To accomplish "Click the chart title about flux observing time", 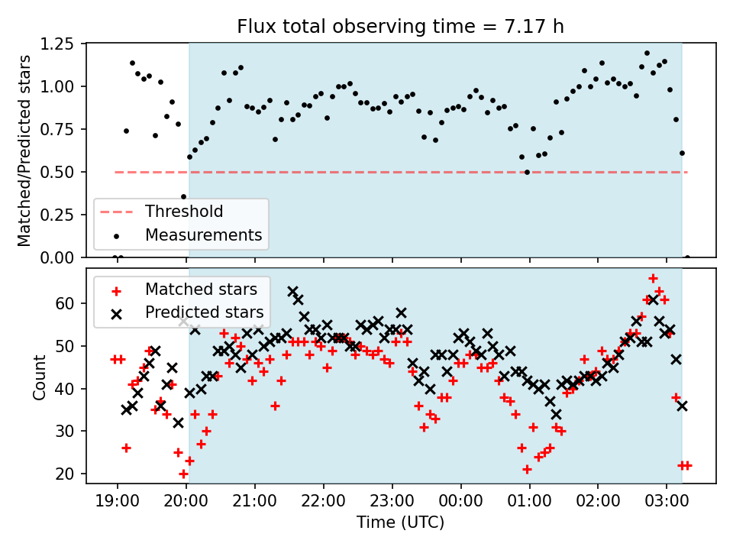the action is coord(400,26).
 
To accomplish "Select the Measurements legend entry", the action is coord(187,235).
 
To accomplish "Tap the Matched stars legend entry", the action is coord(185,290).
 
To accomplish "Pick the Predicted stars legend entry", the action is coord(187,312).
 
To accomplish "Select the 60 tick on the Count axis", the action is coord(65,303).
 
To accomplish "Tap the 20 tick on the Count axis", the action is coord(65,474).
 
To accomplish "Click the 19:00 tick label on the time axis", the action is coord(118,501).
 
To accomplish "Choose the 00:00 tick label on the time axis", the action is coord(461,501).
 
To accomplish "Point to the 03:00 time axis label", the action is coord(667,501).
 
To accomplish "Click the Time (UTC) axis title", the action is coord(401,522).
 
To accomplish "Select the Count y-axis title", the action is coord(39,377).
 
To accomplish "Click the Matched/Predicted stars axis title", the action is coord(24,150).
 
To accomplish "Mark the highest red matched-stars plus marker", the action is coord(653,279).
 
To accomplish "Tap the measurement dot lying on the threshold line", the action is coord(528,172).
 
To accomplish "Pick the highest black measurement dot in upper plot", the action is coord(647,53).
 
